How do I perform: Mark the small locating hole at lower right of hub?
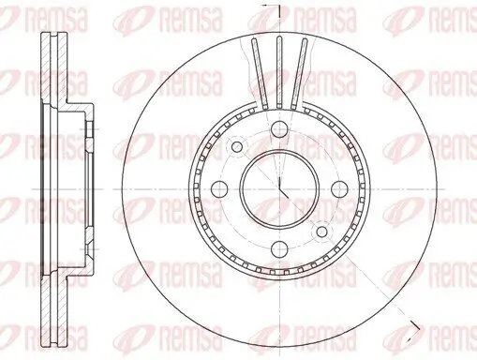point(322,229)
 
